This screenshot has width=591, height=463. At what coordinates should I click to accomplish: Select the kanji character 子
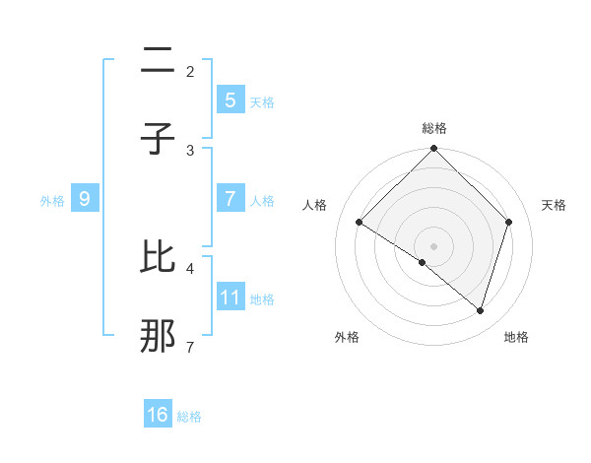pyautogui.click(x=158, y=139)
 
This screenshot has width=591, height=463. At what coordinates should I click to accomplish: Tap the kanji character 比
pyautogui.click(x=158, y=257)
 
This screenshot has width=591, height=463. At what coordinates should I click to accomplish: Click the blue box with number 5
pyautogui.click(x=230, y=99)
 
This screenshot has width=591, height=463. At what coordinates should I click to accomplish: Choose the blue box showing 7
pyautogui.click(x=230, y=198)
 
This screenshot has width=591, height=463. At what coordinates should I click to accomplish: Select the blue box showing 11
pyautogui.click(x=230, y=297)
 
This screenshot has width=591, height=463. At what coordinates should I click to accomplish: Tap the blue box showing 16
pyautogui.click(x=158, y=415)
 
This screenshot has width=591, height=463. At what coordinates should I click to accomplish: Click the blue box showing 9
pyautogui.click(x=85, y=199)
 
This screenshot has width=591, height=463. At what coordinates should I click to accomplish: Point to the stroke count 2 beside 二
pyautogui.click(x=190, y=71)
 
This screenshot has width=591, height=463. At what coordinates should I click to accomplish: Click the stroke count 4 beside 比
pyautogui.click(x=190, y=267)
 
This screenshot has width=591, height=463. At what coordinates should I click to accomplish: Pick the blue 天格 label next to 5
pyautogui.click(x=262, y=101)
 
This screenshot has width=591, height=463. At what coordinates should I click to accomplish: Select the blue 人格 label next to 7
pyautogui.click(x=262, y=200)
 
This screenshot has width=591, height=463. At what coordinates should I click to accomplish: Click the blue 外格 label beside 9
pyautogui.click(x=52, y=200)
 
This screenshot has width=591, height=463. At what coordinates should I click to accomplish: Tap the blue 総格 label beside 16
pyautogui.click(x=189, y=417)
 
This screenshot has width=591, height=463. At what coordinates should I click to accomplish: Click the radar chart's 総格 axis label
pyautogui.click(x=433, y=128)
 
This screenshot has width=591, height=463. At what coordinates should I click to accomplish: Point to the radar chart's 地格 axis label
pyautogui.click(x=516, y=337)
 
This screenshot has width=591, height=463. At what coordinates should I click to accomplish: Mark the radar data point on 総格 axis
pyautogui.click(x=433, y=150)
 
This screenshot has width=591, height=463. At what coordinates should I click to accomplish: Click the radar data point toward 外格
pyautogui.click(x=423, y=262)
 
